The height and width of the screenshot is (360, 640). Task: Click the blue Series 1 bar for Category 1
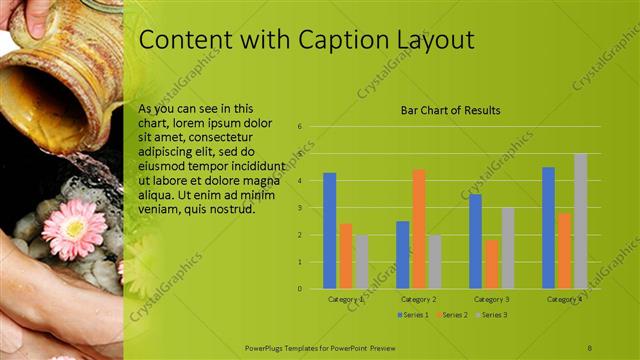(x=330, y=231)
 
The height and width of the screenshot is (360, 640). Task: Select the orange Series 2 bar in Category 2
(x=418, y=229)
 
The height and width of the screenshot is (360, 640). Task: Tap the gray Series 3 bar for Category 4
(x=580, y=221)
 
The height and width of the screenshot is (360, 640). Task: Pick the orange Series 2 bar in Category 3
(x=491, y=264)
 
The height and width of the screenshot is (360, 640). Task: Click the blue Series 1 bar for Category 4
(x=548, y=228)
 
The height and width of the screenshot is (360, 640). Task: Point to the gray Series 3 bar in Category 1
(x=362, y=262)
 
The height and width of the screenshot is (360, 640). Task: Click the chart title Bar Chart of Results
(x=450, y=110)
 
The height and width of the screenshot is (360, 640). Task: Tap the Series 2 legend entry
(x=453, y=315)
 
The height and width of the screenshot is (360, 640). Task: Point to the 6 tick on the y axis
(x=299, y=127)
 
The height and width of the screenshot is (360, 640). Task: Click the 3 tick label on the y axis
(x=299, y=208)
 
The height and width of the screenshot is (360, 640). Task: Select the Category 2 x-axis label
(x=418, y=299)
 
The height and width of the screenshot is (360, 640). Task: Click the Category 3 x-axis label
(x=491, y=299)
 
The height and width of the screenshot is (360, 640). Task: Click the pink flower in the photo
(x=73, y=229)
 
